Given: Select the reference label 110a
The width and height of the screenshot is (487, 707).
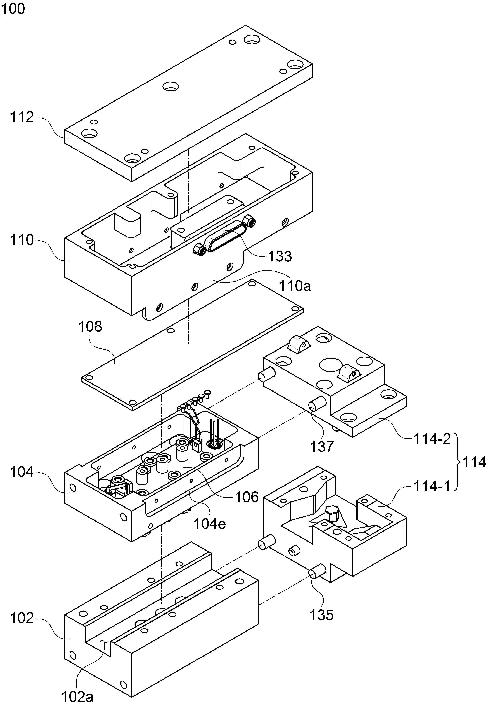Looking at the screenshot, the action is [295, 286].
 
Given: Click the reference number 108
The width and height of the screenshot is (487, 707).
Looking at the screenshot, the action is [90, 327].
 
